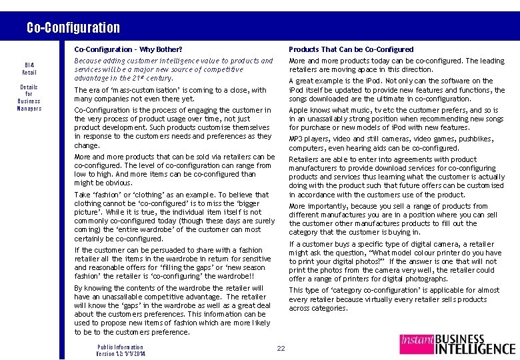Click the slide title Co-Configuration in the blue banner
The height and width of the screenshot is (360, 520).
click(x=73, y=27)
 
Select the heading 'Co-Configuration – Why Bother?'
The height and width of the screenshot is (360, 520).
click(x=128, y=49)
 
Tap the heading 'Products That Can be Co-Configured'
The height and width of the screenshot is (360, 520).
click(x=351, y=49)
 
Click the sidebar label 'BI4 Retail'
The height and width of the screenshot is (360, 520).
click(x=29, y=68)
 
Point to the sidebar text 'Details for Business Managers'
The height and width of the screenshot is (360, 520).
click(x=29, y=97)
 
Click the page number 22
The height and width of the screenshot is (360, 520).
click(x=281, y=348)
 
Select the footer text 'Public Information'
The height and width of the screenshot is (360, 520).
click(x=120, y=347)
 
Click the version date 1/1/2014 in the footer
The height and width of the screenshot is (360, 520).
click(x=135, y=353)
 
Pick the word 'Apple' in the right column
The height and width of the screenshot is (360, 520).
click(x=299, y=110)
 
